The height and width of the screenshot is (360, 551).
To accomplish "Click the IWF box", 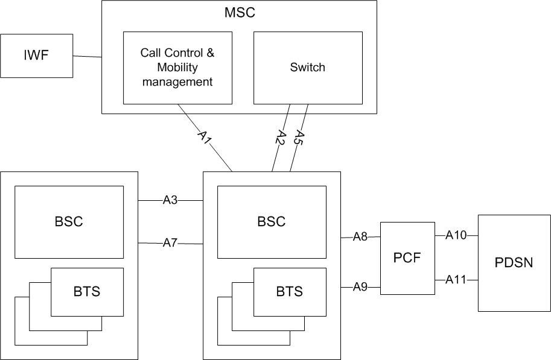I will coord(36,55).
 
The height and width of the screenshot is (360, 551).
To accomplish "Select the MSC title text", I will coord(239,12).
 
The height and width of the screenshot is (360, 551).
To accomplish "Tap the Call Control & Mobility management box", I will coord(177,67).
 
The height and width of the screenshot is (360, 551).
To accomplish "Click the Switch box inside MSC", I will coord(307,67).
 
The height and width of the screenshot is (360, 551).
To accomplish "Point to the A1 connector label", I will coord(205,137).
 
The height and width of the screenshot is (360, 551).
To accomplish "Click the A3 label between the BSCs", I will coord(170,200).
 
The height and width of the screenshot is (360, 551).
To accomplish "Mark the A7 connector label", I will coord(170,243).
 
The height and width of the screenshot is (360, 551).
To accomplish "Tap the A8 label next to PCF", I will coord(360,237).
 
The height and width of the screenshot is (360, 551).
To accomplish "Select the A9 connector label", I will coord(360,287).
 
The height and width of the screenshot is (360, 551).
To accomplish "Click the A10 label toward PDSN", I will coord(457,235).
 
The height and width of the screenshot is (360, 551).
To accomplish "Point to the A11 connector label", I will coord(457,279).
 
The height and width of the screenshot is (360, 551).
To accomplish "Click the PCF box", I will coord(407,258).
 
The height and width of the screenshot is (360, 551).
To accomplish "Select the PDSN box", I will coord(514,263).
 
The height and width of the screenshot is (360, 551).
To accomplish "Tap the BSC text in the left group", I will coord(69,221).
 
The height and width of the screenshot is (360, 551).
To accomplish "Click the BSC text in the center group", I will coord(272,221).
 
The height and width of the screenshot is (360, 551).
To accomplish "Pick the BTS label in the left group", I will coord(87,292).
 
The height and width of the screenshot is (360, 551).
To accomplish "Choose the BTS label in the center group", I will coord(290,292).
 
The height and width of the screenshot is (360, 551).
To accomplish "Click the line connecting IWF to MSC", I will coord(87,57).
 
